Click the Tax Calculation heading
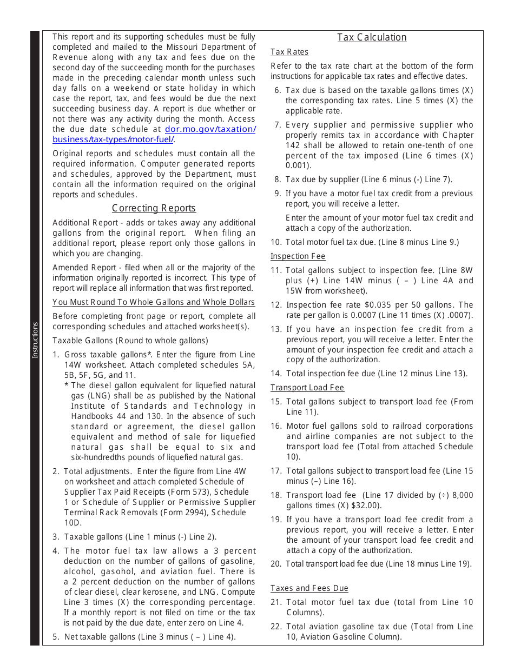point(372,37)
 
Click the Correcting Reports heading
point(154,208)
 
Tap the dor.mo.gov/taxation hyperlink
point(210,129)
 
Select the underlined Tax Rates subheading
point(289,52)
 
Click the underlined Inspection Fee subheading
point(298,256)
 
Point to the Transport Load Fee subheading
point(307,388)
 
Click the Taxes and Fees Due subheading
point(309,588)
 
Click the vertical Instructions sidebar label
point(35,340)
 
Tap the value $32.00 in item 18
point(368,506)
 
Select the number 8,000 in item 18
point(462,495)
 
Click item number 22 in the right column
point(276,627)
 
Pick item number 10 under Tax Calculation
point(276,242)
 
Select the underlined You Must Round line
point(154,302)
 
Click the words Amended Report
point(79,268)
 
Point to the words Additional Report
point(81,223)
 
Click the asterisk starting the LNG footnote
point(66,385)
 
